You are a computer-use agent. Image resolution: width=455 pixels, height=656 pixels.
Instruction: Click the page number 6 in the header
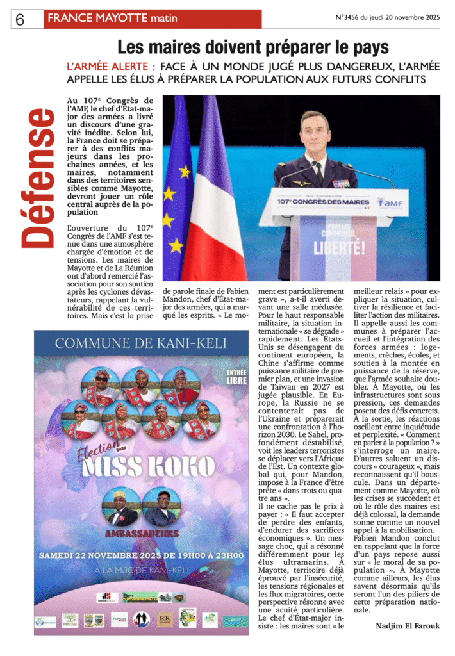pos(20,20)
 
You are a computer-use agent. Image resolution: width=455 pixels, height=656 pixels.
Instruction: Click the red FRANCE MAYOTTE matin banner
pos(153,19)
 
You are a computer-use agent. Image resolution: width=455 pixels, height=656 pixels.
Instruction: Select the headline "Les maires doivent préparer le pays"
pos(252,47)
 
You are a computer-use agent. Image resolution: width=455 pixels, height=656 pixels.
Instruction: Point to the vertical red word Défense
pos(37,178)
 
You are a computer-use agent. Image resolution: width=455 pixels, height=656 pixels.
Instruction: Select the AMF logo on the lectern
pos(390,202)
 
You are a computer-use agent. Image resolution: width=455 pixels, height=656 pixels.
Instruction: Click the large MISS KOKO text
pos(144,466)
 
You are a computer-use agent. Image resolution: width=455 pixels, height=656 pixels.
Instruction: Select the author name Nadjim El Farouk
pos(408,625)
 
